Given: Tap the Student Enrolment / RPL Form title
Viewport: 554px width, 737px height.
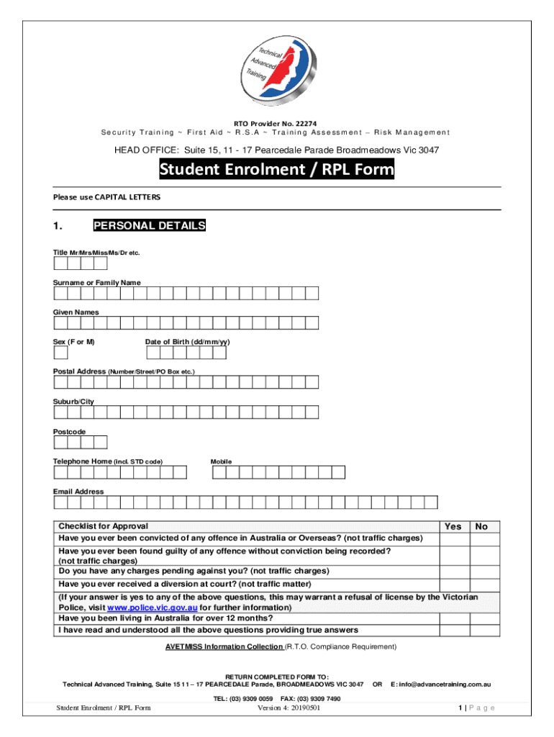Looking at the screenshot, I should point(276,170).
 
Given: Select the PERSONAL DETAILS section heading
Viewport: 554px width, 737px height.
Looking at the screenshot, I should point(149,226).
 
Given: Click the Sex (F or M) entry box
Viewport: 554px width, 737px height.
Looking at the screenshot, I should point(60,353).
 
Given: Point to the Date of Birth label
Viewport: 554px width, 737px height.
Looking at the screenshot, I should point(187,342).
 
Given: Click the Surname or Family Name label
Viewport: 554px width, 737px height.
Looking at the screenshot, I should point(96,283).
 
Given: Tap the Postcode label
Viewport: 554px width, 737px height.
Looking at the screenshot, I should point(69,432).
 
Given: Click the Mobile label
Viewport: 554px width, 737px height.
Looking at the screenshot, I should point(221,461).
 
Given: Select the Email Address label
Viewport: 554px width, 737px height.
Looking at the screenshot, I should point(78,492).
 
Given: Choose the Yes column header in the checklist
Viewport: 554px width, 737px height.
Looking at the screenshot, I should point(453,527).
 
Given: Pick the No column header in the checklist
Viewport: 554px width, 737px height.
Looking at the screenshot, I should point(481,527).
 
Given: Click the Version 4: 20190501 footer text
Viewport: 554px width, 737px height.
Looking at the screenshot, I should point(289,708).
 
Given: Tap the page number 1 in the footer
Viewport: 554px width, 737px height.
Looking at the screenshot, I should point(459,708).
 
